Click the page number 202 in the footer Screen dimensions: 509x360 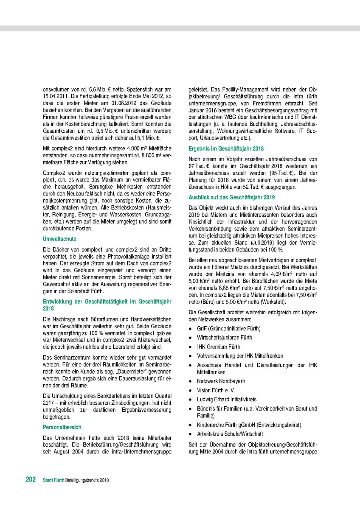(30, 480)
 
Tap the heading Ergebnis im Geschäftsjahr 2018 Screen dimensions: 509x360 (226, 148)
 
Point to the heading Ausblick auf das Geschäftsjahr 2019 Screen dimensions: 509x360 (232, 198)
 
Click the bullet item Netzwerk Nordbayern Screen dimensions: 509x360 (221, 381)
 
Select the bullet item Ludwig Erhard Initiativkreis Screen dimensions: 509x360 (227, 400)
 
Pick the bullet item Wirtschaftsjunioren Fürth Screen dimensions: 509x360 (224, 338)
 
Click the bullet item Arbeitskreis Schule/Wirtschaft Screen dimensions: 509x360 (230, 434)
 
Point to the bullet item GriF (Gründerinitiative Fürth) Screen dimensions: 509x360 (228, 329)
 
